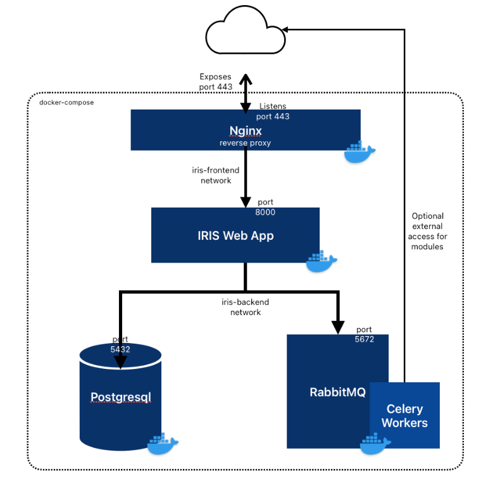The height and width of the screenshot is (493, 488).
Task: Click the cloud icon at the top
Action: tap(246, 35)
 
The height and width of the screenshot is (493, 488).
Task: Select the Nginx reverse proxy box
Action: tap(245, 130)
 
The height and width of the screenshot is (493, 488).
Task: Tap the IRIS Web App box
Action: tap(235, 235)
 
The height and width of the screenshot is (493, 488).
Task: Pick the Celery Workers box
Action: tap(404, 416)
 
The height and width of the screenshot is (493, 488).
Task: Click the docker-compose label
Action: tap(66, 102)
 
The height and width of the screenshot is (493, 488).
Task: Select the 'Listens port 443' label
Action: tap(273, 111)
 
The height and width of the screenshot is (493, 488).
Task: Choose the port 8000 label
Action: tap(265, 207)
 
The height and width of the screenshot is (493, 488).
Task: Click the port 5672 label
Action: tap(364, 334)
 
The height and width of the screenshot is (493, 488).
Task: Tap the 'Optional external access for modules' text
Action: tap(427, 231)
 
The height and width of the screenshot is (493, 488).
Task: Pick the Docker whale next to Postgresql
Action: tap(163, 444)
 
